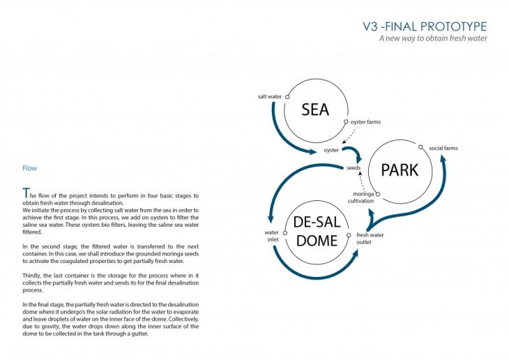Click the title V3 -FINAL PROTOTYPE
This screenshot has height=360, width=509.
[x=425, y=27]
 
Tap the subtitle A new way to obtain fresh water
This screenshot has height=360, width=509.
[x=432, y=38]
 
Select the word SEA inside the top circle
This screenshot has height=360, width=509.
[x=315, y=110]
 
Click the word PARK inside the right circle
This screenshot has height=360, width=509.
[x=400, y=170]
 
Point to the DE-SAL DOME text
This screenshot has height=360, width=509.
[x=316, y=232]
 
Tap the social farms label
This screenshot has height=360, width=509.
[x=443, y=149]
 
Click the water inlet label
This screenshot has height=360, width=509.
[x=271, y=237]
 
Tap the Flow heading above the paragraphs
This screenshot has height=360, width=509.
[x=30, y=168]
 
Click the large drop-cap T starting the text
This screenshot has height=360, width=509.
[x=26, y=193]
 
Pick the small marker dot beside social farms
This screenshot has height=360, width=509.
[x=420, y=148]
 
